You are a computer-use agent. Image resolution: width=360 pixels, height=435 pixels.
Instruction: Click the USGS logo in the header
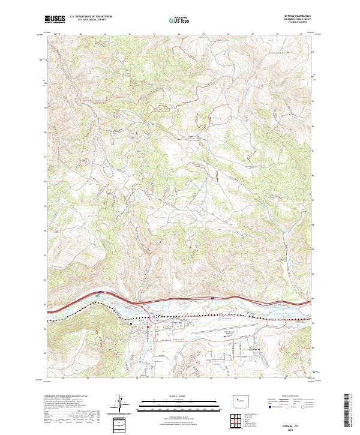coord(55,19)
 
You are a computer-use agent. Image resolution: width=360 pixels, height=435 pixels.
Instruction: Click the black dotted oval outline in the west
coord(109,170)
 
